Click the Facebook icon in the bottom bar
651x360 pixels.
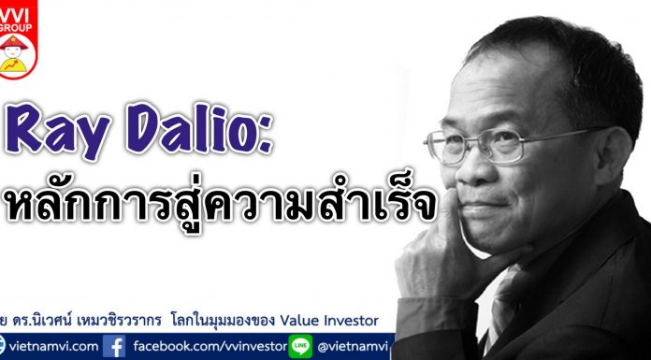pyautogui.click(x=116, y=347)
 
